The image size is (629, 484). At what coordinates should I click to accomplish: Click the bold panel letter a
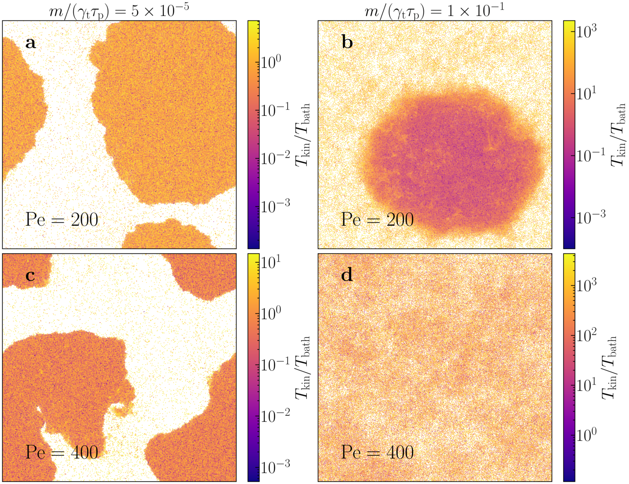click(x=30, y=43)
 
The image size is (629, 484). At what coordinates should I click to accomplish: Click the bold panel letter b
click(x=347, y=43)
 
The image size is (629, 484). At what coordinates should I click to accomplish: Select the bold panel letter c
click(x=30, y=276)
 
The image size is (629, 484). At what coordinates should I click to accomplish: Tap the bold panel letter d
click(x=347, y=275)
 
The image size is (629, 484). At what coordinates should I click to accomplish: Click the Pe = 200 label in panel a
click(x=62, y=220)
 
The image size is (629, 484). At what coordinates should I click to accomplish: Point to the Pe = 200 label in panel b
click(x=377, y=220)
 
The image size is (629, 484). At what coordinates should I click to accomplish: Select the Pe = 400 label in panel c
click(x=62, y=452)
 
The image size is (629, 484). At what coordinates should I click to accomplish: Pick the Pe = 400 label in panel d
click(x=377, y=452)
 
